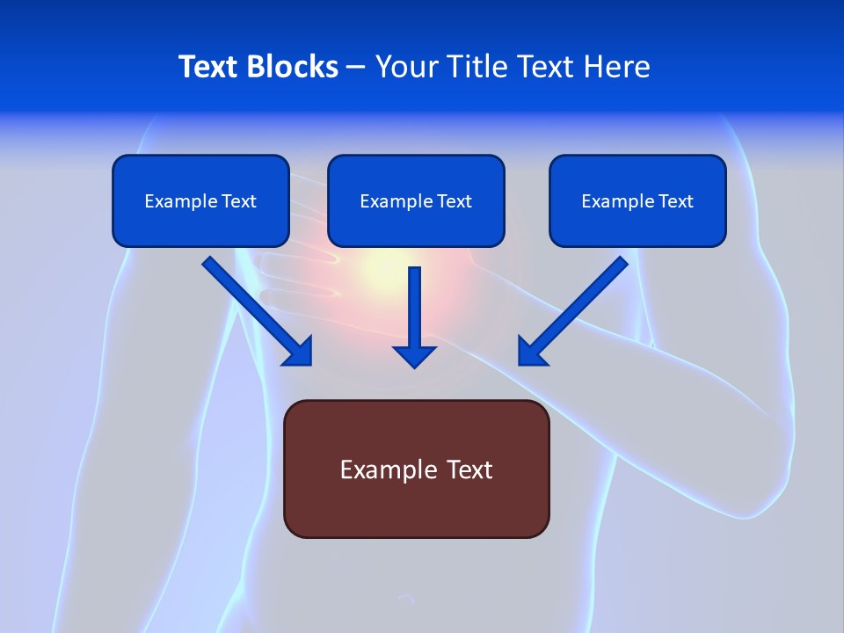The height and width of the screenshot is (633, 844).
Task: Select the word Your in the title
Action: tap(404, 67)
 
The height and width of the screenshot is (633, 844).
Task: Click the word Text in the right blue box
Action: tap(676, 201)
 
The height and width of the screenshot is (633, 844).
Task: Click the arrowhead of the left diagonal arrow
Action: tap(300, 353)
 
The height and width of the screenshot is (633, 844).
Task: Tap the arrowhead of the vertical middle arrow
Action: tap(414, 355)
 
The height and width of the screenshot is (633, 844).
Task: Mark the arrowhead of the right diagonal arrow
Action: tap(530, 353)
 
